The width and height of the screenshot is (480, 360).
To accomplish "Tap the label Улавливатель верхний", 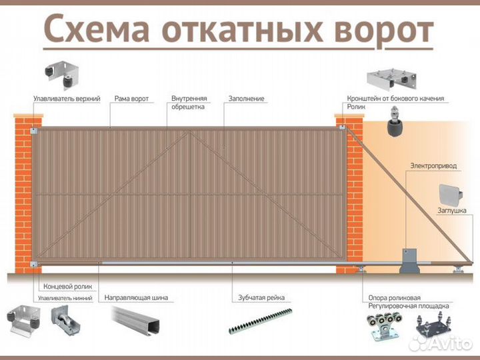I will coord(67,99).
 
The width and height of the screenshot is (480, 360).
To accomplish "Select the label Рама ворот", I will coord(131,99).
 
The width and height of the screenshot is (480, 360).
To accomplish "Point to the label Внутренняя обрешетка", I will coord(189,102).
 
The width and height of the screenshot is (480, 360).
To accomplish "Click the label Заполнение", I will coord(246,99).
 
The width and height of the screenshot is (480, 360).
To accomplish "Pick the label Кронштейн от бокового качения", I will coord(395,98).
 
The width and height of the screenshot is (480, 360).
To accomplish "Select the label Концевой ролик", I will coord(67,286).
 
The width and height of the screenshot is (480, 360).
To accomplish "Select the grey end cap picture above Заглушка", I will coord(451,193).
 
